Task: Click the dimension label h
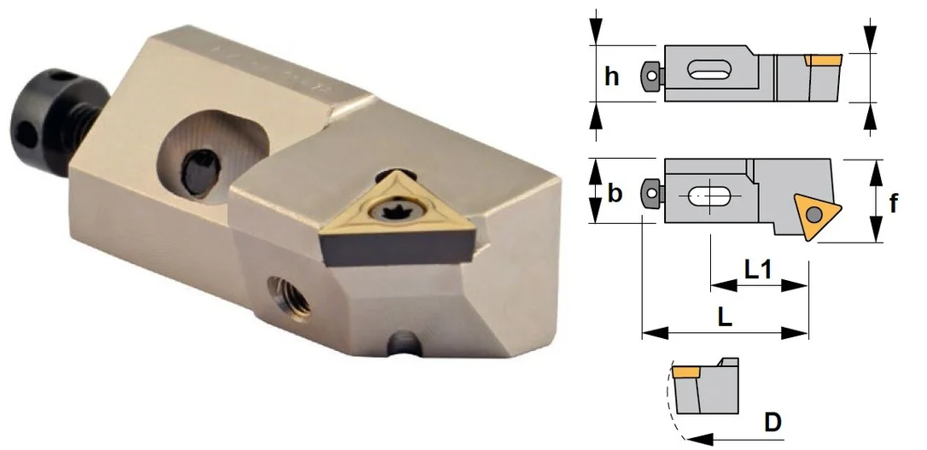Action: [x=612, y=76]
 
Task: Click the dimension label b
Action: [x=615, y=193]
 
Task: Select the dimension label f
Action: [x=894, y=203]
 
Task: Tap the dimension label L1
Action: [x=759, y=270]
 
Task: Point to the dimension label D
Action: [x=772, y=422]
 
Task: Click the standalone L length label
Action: [x=725, y=318]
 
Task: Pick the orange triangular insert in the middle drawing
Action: [x=817, y=215]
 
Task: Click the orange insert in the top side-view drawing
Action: [x=823, y=60]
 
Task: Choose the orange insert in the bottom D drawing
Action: [x=685, y=372]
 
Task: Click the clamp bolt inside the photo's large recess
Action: [x=199, y=172]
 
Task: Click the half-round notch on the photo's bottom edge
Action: [x=405, y=342]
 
